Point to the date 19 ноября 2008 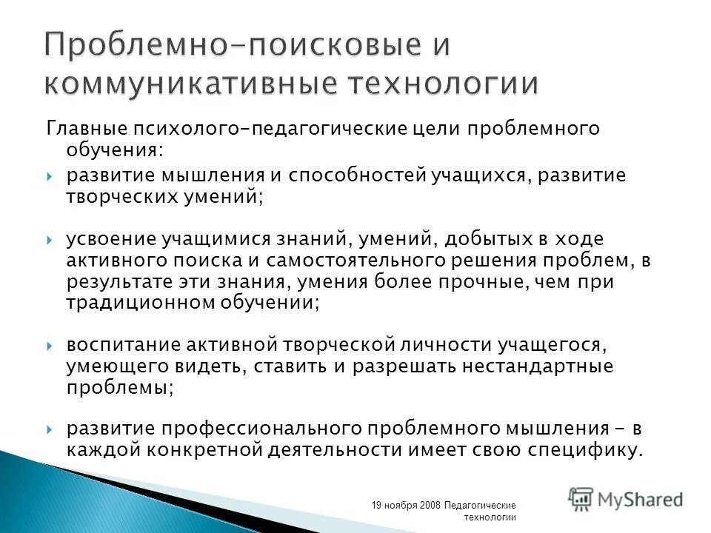click(406, 505)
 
